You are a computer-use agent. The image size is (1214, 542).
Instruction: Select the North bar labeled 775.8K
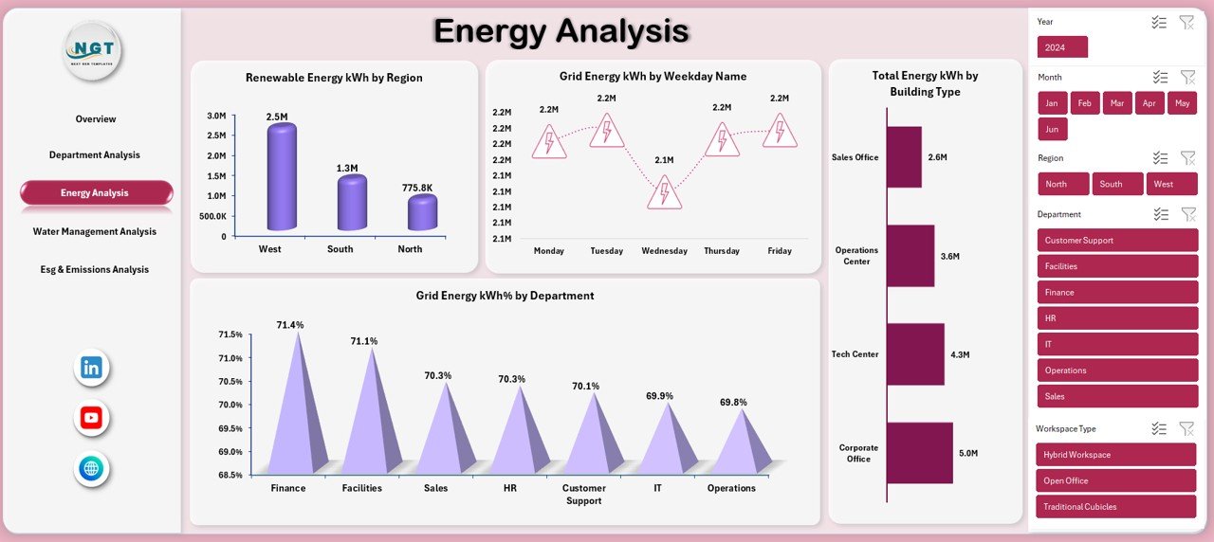click(x=422, y=212)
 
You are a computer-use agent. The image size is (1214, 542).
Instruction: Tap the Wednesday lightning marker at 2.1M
click(x=664, y=192)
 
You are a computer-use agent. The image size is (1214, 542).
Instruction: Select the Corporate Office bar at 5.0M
click(x=920, y=453)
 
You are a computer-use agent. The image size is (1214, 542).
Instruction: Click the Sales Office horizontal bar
click(x=904, y=157)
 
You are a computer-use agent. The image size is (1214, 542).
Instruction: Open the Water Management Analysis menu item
click(x=95, y=231)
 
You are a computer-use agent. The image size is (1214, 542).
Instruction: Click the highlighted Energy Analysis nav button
click(x=96, y=192)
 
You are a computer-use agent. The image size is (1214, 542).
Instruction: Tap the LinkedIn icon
click(x=92, y=369)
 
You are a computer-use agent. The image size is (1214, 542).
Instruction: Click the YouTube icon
click(x=92, y=418)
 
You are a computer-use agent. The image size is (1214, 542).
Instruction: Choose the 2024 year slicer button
click(x=1062, y=47)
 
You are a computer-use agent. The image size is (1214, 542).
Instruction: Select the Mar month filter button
click(x=1117, y=103)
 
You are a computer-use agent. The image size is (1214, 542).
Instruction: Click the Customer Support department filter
click(x=1117, y=240)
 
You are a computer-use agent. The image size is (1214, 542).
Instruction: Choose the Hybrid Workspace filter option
click(x=1117, y=455)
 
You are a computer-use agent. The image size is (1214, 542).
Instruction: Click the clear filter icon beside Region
click(x=1186, y=158)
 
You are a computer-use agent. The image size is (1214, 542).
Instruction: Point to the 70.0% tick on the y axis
click(x=230, y=405)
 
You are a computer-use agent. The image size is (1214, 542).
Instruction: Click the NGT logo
click(x=93, y=49)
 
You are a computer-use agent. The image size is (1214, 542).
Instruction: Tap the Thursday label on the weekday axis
click(x=722, y=251)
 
